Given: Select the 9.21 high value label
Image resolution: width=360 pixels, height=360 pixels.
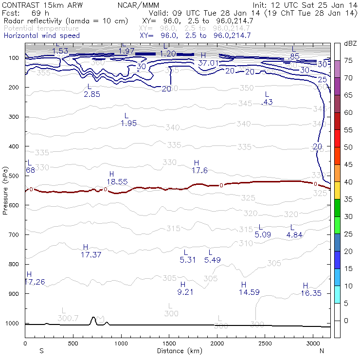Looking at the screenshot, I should pyautogui.click(x=183, y=292).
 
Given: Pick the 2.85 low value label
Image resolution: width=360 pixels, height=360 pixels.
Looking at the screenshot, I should pyautogui.click(x=91, y=94).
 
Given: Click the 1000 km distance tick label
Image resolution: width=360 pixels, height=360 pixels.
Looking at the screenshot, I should pyautogui.click(x=121, y=343).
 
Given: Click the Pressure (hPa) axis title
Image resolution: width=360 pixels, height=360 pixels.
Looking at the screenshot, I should pyautogui.click(x=5, y=193).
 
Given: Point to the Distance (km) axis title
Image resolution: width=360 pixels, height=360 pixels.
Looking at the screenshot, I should pyautogui.click(x=178, y=350).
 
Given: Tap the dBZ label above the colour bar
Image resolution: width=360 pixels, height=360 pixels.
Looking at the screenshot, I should pyautogui.click(x=351, y=43).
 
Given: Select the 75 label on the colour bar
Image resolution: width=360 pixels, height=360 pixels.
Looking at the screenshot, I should pyautogui.click(x=349, y=60).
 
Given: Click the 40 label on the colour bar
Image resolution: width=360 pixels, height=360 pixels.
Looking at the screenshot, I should pyautogui.click(x=349, y=182).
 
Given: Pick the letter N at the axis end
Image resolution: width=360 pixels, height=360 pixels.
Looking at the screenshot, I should pyautogui.click(x=322, y=351).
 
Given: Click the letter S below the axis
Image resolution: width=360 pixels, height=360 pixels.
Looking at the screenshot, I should pyautogui.click(x=41, y=351).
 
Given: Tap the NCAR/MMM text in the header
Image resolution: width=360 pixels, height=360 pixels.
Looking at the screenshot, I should pyautogui.click(x=138, y=5).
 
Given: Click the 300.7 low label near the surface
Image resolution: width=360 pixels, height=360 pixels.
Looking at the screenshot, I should pyautogui.click(x=68, y=318).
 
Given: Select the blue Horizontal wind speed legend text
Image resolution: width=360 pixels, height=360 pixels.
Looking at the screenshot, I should pyautogui.click(x=42, y=36).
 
